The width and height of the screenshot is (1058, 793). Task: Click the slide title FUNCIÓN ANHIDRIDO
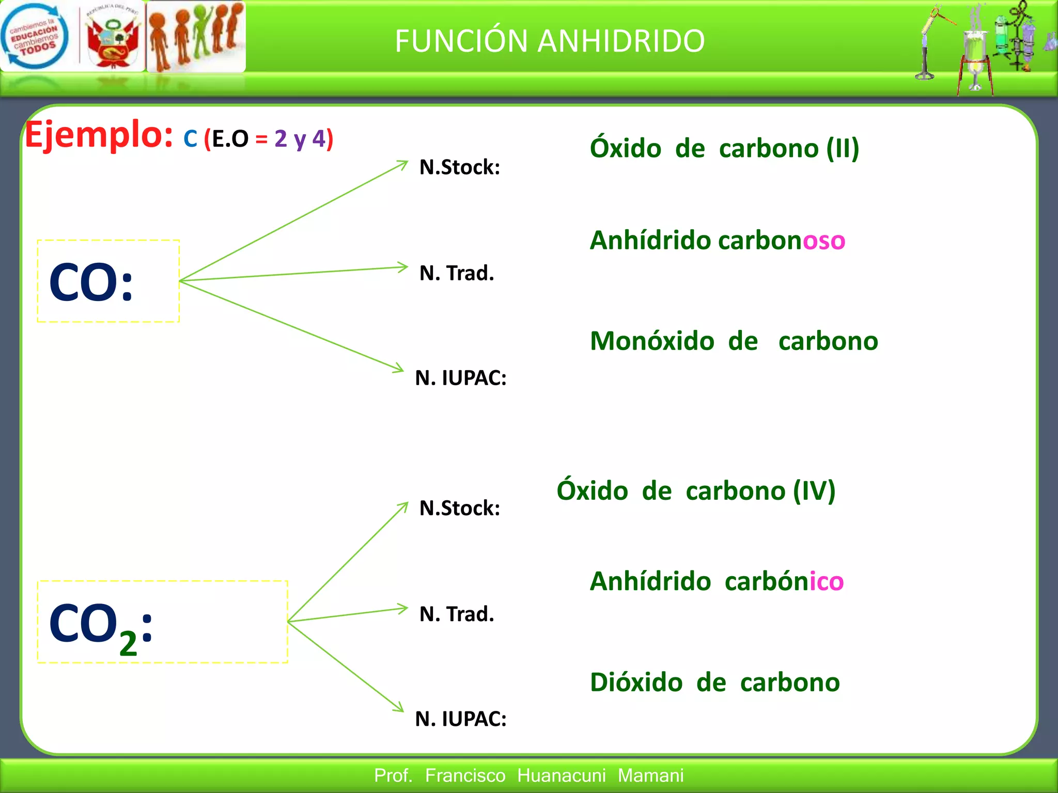pyautogui.click(x=549, y=41)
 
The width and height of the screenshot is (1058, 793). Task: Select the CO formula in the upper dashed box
pyautogui.click(x=91, y=282)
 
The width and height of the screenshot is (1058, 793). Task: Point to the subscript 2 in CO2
pyautogui.click(x=128, y=644)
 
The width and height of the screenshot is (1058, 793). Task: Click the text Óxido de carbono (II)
pyautogui.click(x=724, y=149)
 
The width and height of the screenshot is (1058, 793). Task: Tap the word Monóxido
pyautogui.click(x=652, y=341)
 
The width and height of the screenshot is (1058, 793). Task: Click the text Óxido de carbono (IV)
pyautogui.click(x=695, y=490)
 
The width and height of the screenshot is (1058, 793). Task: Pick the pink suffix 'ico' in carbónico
pyautogui.click(x=827, y=581)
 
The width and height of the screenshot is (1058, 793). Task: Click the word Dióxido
pyautogui.click(x=636, y=683)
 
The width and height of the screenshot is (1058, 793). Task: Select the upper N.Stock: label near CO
pyautogui.click(x=459, y=167)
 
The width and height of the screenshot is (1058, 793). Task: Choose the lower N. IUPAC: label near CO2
pyautogui.click(x=461, y=719)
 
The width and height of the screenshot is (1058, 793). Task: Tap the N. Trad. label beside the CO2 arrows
pyautogui.click(x=457, y=614)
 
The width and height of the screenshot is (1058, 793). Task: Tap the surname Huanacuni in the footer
pyautogui.click(x=561, y=775)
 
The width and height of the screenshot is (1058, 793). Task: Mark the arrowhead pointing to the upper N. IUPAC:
pyautogui.click(x=399, y=369)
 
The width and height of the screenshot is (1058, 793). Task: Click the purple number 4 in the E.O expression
pyautogui.click(x=319, y=138)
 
